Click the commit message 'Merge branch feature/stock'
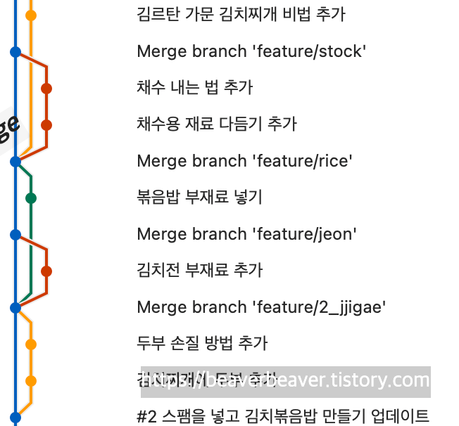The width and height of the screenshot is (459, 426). point(251,51)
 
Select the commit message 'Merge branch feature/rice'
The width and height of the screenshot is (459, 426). point(244,161)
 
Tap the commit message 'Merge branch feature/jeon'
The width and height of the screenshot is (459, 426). point(246,234)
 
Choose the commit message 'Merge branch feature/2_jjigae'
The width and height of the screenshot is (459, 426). point(261,307)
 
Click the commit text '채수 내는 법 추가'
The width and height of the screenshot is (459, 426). point(195,88)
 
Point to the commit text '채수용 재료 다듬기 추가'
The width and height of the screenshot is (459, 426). point(217,124)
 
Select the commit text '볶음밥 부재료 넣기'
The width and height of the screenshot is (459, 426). point(199,198)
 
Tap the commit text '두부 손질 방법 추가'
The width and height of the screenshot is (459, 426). point(202,344)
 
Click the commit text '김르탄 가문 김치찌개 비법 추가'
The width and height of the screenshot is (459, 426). point(241,15)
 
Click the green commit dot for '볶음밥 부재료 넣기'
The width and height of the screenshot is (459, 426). point(31,198)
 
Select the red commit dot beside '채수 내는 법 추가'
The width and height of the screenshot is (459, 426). point(46,89)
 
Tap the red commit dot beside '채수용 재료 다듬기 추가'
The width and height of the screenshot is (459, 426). point(46,125)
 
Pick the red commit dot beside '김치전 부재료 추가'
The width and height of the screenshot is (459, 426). point(46,271)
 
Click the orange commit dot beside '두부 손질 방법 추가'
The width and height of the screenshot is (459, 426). point(31,344)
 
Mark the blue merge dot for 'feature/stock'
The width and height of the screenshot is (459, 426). point(15,51)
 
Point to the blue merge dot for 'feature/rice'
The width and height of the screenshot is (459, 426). point(15,161)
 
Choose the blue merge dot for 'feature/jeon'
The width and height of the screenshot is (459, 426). point(15,234)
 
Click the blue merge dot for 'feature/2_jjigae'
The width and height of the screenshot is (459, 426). point(15,307)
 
